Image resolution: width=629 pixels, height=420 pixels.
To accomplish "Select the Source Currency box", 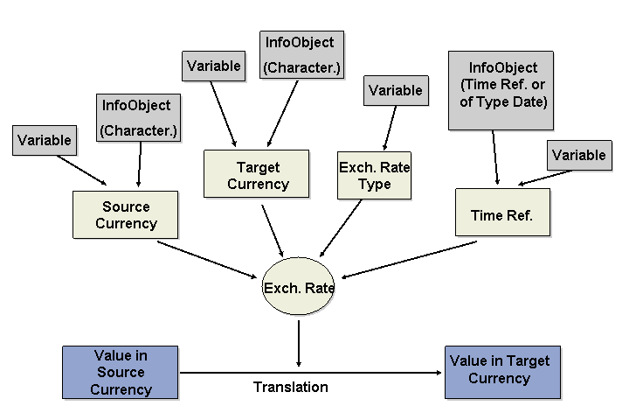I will coord(126,215).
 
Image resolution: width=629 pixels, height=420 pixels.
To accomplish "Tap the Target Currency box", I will coord(257,175).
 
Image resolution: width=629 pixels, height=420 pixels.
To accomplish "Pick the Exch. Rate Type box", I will coord(374,175).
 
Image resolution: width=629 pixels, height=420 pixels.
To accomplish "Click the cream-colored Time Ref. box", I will coord(501,213).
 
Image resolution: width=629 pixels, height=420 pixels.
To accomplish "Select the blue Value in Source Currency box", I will coord(121,372).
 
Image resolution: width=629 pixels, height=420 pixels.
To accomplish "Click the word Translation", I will coord(290,387).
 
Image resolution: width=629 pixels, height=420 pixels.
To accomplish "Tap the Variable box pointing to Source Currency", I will coord(44,140).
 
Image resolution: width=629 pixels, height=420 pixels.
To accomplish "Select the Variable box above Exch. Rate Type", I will coord(395,90).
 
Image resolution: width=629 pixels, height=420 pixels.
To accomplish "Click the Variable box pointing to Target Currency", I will coord(212,66).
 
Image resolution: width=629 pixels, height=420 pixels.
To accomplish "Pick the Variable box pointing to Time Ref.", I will coord(578,155).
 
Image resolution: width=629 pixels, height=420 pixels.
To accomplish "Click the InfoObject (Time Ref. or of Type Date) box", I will coord(502,89).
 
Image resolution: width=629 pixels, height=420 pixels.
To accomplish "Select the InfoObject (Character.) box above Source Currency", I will coord(136,117).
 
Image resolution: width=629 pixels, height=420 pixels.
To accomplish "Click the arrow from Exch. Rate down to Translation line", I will coord(299,342).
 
